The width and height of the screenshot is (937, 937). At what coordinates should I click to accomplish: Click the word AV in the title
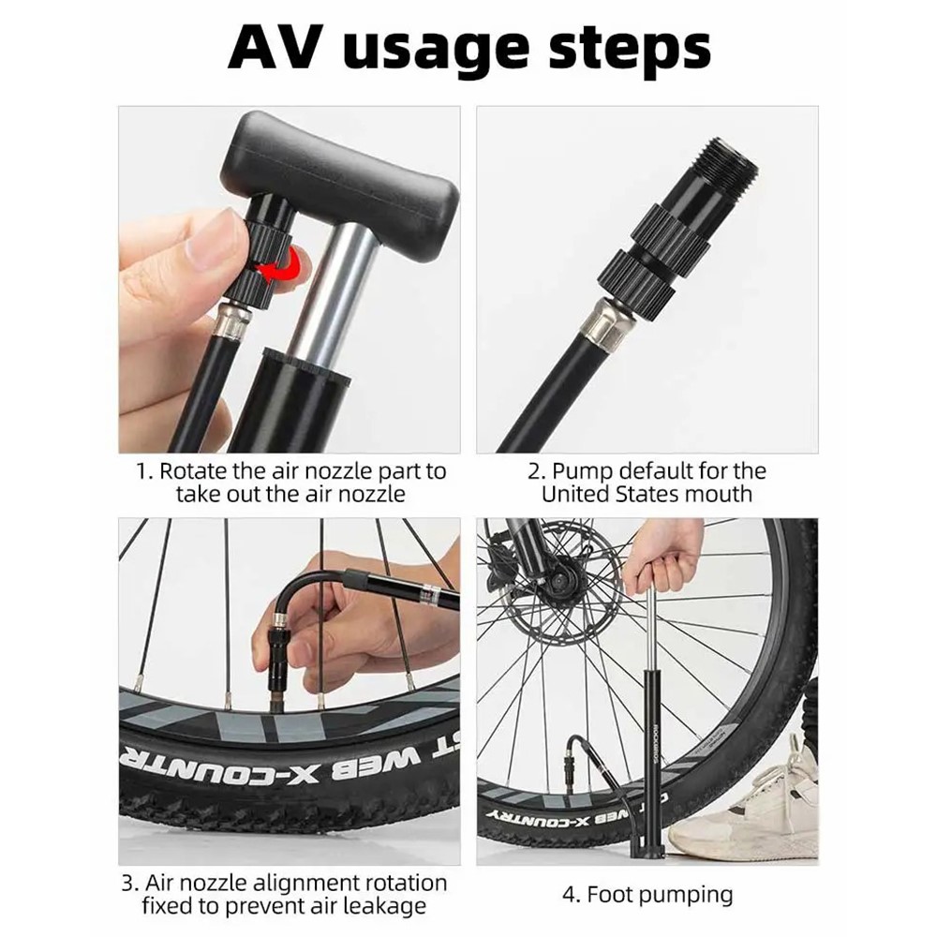[280, 47]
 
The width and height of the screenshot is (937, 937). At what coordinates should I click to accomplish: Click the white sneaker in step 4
[743, 804]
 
